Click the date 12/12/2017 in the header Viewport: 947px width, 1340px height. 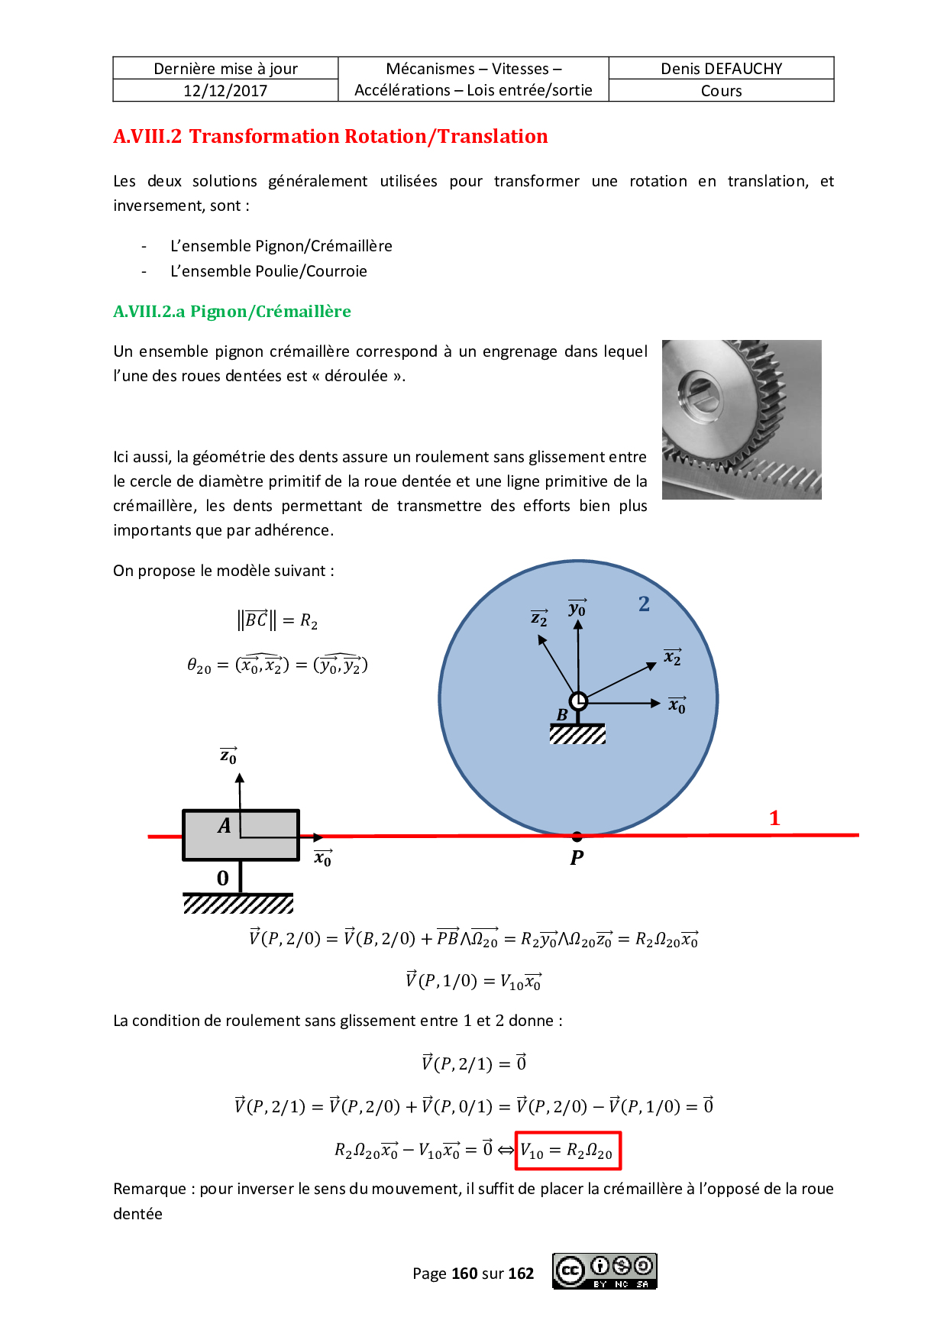[x=225, y=91]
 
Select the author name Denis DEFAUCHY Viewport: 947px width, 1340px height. [x=721, y=69]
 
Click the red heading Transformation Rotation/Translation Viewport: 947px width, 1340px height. [x=368, y=136]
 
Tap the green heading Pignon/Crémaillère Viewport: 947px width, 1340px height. [x=270, y=312]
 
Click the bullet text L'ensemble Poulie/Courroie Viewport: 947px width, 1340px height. [x=269, y=271]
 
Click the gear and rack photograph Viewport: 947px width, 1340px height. [x=742, y=419]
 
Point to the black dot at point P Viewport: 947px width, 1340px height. [x=577, y=837]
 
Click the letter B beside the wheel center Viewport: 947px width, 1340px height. [x=562, y=715]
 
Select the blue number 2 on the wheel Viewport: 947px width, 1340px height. [x=644, y=604]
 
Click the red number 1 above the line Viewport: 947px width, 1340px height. [x=774, y=818]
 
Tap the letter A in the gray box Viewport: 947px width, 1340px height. [x=224, y=826]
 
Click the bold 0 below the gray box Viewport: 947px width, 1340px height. [x=222, y=879]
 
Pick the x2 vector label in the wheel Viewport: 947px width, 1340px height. [x=672, y=657]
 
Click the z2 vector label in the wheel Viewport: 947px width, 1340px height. [x=539, y=618]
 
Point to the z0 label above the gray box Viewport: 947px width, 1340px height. [x=228, y=756]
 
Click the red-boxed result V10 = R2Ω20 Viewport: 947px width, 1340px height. [x=567, y=1151]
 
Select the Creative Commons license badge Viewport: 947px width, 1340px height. [x=605, y=1271]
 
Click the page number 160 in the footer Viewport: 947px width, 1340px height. [x=464, y=1274]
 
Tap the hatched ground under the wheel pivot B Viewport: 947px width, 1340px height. [x=577, y=735]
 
